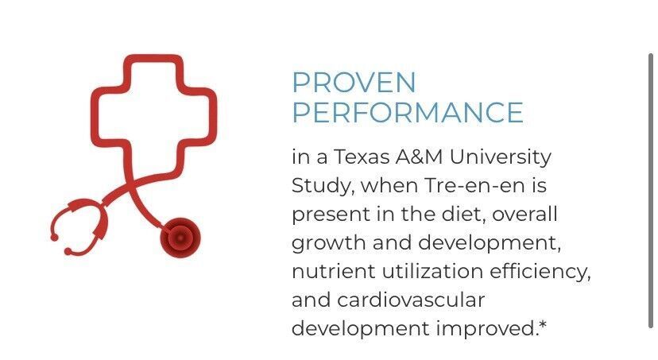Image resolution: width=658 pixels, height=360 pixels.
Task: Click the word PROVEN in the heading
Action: point(354,82)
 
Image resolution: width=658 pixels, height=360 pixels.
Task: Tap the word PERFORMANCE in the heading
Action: point(408,112)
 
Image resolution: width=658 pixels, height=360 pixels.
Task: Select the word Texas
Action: point(362,157)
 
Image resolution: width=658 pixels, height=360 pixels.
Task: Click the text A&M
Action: point(419,157)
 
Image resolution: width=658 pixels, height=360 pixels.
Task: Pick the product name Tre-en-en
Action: point(474,185)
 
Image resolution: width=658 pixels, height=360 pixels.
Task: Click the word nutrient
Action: point(334,271)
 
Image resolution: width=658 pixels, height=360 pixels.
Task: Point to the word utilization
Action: point(432,271)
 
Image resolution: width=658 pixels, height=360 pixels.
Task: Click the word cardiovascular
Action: point(411,300)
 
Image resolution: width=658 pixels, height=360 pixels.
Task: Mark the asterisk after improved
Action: point(543,324)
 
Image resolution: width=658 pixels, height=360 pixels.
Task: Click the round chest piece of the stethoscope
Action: point(180,238)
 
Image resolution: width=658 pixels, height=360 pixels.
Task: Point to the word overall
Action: point(524,214)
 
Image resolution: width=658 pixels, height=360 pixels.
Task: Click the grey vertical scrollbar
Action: point(650,191)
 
